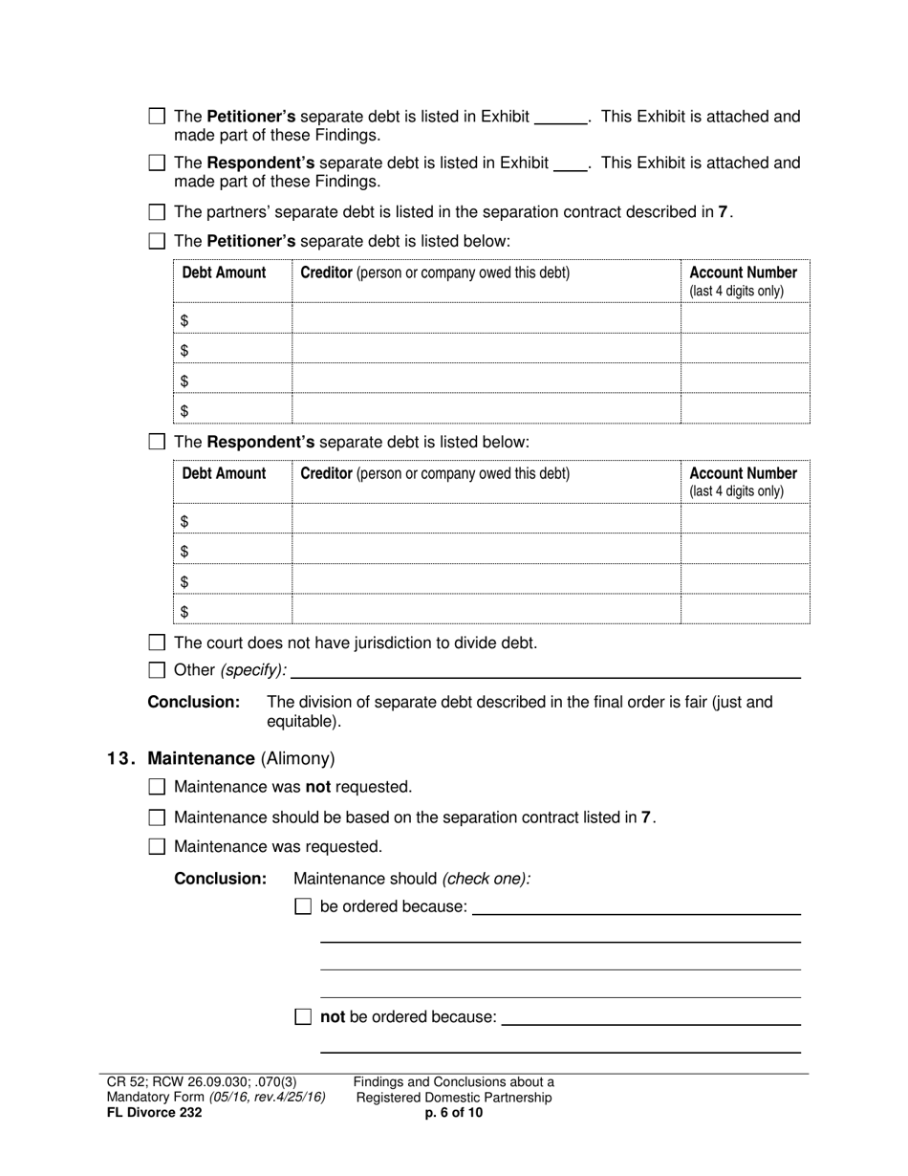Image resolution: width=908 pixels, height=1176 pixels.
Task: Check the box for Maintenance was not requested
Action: (158, 787)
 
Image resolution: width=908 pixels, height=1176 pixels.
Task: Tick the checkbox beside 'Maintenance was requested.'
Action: (158, 846)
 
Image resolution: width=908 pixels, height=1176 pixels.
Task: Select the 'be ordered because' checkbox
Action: (303, 906)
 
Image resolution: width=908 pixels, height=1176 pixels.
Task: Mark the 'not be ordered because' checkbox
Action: (303, 1017)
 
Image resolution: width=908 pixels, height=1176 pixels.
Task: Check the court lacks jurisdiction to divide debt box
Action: (158, 642)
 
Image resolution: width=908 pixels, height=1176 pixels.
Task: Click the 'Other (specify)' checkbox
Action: (158, 669)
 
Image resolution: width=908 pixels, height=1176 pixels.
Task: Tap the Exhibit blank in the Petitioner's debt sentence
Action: (560, 117)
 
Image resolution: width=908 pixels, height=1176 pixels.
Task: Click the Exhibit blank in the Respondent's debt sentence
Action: (570, 163)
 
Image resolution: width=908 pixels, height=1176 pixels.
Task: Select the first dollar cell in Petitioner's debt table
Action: (232, 319)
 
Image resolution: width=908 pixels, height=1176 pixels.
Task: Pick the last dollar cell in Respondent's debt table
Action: (232, 610)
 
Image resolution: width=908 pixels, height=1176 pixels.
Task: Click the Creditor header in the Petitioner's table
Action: (327, 272)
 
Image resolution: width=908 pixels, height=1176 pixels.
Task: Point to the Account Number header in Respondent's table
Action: (743, 473)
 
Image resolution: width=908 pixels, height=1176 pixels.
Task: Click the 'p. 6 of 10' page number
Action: (454, 1112)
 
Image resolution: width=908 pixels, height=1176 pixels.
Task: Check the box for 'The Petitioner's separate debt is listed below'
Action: (158, 241)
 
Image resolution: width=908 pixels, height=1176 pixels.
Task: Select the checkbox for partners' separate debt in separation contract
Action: (158, 212)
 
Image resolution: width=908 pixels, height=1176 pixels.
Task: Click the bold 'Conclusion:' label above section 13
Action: (193, 702)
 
